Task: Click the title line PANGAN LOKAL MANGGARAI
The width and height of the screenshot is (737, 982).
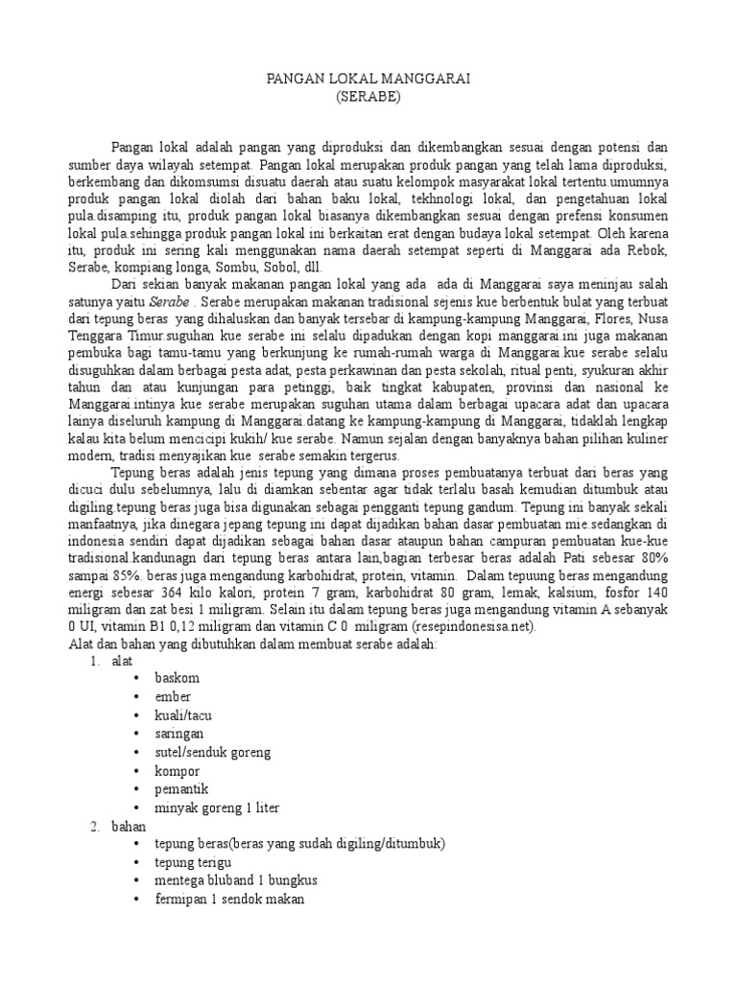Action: [x=368, y=80]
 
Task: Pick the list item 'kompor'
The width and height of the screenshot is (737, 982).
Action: [x=174, y=770]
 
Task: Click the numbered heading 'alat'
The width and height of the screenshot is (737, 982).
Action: [x=122, y=660]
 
